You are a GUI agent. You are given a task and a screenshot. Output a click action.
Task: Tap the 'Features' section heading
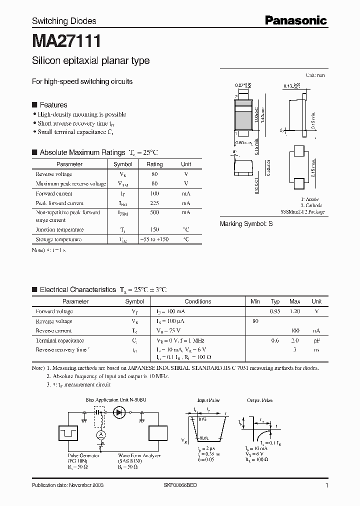pyautogui.click(x=53, y=105)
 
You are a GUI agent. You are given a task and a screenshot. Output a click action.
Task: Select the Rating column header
pyautogui.click(x=154, y=164)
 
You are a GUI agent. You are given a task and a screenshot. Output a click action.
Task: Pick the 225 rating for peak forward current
pyautogui.click(x=154, y=203)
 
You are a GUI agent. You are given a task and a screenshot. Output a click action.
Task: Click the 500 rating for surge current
pyautogui.click(x=154, y=212)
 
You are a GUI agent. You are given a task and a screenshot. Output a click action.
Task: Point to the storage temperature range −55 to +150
pyautogui.click(x=154, y=239)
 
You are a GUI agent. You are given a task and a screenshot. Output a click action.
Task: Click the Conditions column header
pyautogui.click(x=198, y=301)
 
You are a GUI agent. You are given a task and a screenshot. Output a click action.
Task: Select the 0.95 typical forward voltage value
pyautogui.click(x=275, y=311)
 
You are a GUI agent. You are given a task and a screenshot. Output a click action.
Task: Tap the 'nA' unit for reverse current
pyautogui.click(x=316, y=331)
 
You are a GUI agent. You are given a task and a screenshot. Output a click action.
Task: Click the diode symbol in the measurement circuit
pyautogui.click(x=119, y=412)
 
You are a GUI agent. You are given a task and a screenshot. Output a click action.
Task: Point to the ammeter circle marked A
pyautogui.click(x=100, y=435)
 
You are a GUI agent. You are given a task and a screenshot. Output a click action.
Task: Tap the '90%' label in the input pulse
pyautogui.click(x=204, y=438)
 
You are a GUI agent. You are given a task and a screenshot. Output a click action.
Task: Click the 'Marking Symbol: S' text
pyautogui.click(x=246, y=224)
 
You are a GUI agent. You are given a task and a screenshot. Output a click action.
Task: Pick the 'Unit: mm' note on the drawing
pyautogui.click(x=315, y=75)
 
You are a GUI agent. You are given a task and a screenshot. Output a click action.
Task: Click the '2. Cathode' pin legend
pyautogui.click(x=311, y=205)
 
